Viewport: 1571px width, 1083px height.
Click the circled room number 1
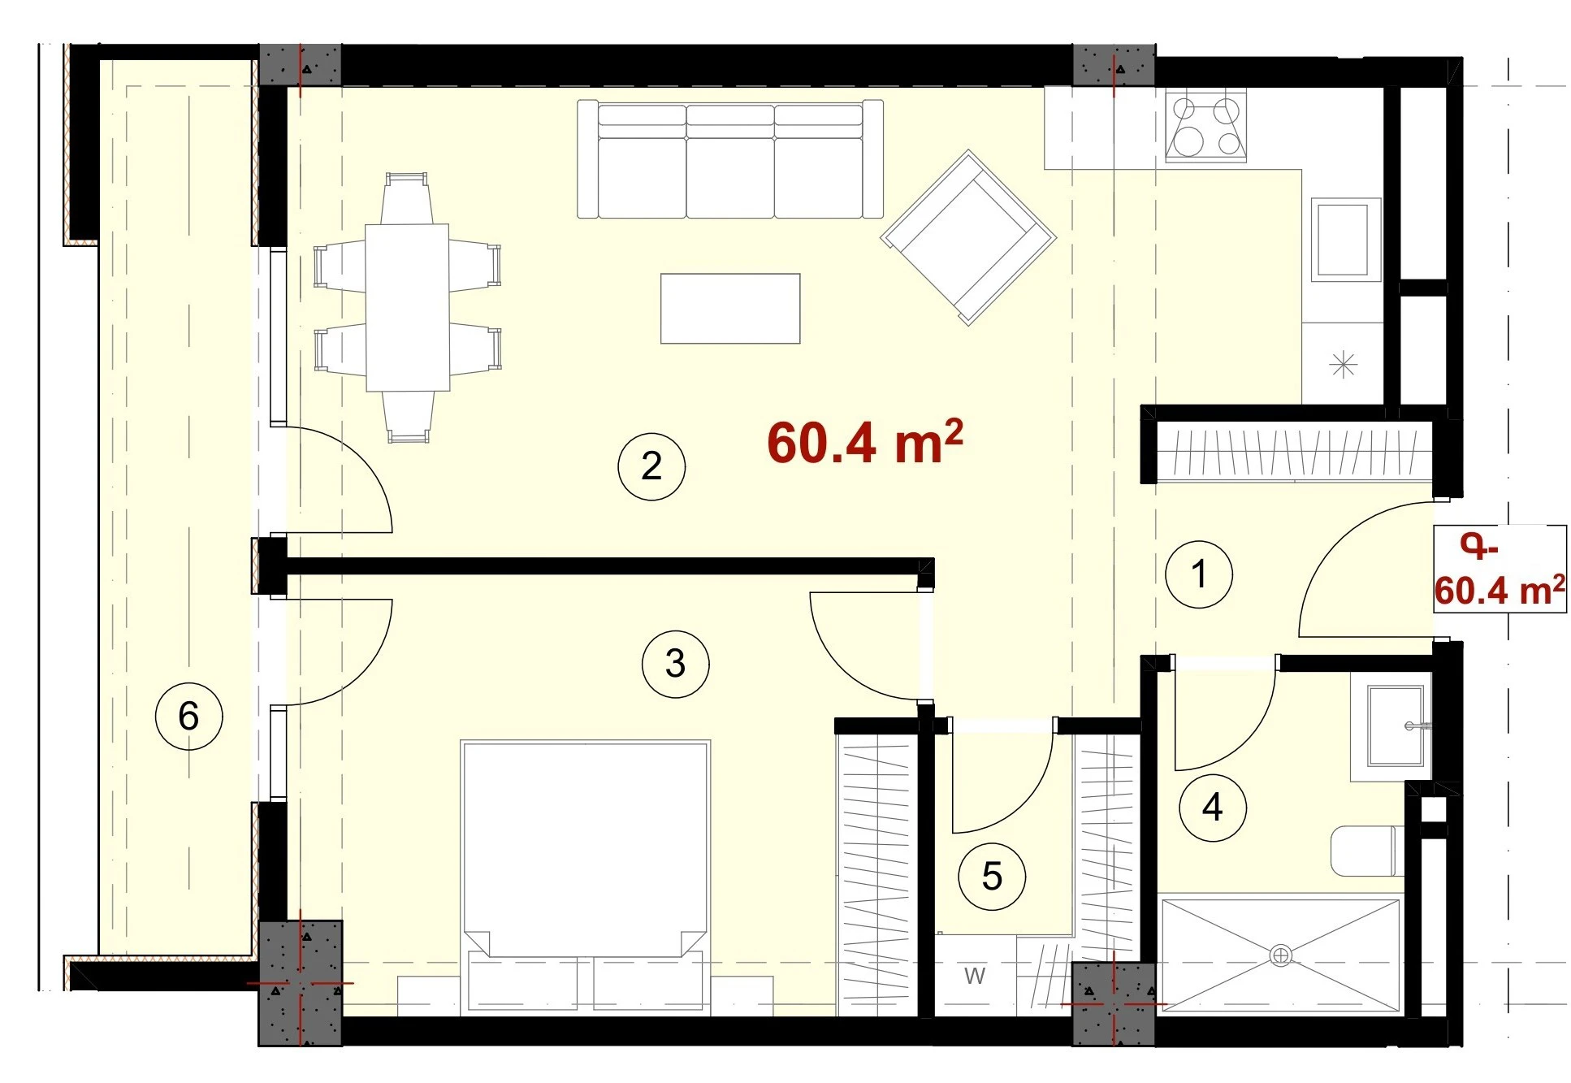[1198, 574]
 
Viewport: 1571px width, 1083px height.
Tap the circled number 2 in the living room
[651, 466]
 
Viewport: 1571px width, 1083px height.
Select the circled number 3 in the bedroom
[675, 664]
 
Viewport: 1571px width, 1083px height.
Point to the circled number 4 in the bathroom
[1213, 808]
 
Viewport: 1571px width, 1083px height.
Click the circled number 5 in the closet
[992, 877]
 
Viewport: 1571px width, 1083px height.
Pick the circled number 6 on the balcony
[188, 716]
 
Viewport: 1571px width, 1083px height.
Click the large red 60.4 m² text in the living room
[865, 443]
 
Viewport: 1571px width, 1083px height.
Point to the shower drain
[1280, 955]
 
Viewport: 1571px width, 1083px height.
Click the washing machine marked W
[975, 975]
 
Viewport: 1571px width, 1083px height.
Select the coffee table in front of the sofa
[730, 309]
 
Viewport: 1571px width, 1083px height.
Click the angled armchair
[968, 237]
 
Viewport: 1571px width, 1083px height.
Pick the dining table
[407, 307]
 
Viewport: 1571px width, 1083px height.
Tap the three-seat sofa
[730, 159]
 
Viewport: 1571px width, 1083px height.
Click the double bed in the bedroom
[586, 877]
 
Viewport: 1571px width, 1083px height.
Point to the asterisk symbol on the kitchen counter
[1344, 364]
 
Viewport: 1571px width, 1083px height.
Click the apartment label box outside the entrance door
[1500, 569]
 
